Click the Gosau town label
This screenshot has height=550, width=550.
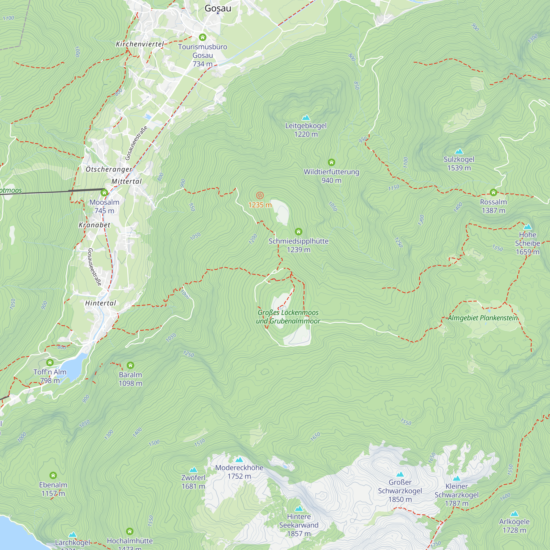218,8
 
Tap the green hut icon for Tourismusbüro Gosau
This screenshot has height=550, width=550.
202,37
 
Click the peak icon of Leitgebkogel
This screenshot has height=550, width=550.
306,118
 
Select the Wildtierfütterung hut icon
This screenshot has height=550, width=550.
331,162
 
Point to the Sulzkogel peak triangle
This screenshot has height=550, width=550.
459,151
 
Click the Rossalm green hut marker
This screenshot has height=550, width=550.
493,193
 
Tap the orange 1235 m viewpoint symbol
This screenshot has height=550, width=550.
260,195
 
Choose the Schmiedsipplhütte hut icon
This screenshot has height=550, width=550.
298,232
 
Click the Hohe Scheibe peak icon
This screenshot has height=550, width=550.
527,227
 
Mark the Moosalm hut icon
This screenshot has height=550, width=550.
104,193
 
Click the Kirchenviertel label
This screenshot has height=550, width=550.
140,44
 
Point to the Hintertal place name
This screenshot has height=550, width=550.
100,303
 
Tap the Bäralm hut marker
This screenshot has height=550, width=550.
130,365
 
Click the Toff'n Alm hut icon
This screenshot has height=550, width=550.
50,362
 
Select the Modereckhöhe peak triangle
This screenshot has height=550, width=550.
239,460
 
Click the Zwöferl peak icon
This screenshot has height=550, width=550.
193,470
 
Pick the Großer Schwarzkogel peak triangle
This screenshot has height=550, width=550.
400,474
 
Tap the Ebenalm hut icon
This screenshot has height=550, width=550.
53,475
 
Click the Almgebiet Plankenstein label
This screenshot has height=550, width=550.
483,318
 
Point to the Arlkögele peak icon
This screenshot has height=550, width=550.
514,513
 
